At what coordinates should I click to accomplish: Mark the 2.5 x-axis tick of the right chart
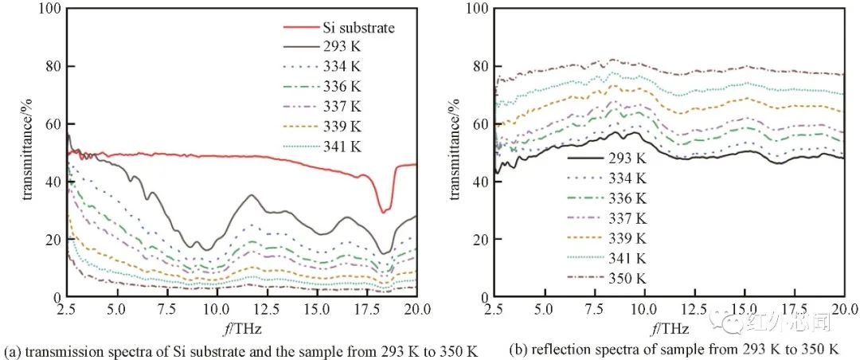495,308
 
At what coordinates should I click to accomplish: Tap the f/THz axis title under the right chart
669,327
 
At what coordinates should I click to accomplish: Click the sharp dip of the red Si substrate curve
384,211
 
